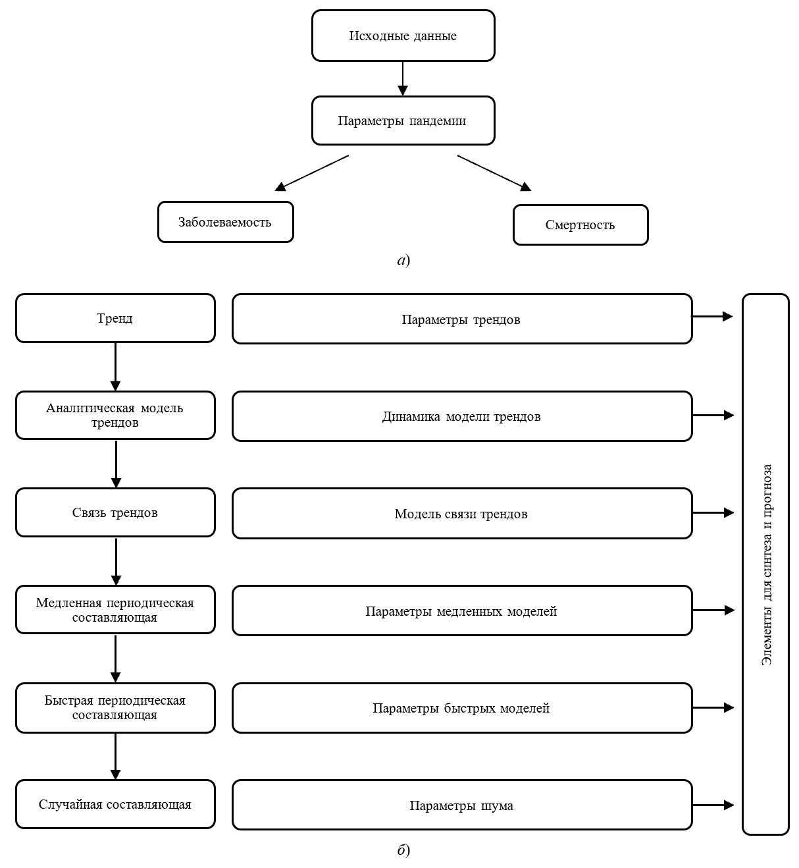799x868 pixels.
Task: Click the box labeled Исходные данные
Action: pyautogui.click(x=403, y=36)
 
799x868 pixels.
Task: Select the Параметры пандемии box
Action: pyautogui.click(x=403, y=121)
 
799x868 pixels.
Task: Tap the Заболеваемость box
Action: pyautogui.click(x=225, y=222)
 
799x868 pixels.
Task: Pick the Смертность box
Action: pyautogui.click(x=580, y=225)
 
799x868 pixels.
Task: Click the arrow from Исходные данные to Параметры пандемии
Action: pyautogui.click(x=403, y=78)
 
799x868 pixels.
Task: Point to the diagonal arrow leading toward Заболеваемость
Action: pyautogui.click(x=311, y=173)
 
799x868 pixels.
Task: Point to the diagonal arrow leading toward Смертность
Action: pyautogui.click(x=494, y=173)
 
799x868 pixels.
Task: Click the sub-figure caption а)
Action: pyautogui.click(x=403, y=260)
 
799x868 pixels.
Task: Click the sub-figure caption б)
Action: pyautogui.click(x=403, y=850)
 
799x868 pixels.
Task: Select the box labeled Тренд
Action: pyautogui.click(x=115, y=319)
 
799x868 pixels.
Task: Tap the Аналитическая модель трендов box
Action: pyautogui.click(x=115, y=416)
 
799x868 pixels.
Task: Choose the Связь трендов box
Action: pyautogui.click(x=115, y=513)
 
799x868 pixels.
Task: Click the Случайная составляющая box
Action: pyautogui.click(x=115, y=804)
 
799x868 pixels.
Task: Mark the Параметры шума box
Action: pyautogui.click(x=462, y=805)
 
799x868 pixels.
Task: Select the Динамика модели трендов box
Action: pyautogui.click(x=462, y=416)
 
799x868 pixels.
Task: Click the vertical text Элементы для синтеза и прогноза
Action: pyautogui.click(x=767, y=564)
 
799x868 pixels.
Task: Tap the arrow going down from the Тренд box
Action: pyautogui.click(x=115, y=367)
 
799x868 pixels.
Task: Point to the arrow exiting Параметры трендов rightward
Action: pyautogui.click(x=713, y=317)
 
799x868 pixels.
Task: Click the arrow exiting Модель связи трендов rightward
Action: pyautogui.click(x=713, y=513)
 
